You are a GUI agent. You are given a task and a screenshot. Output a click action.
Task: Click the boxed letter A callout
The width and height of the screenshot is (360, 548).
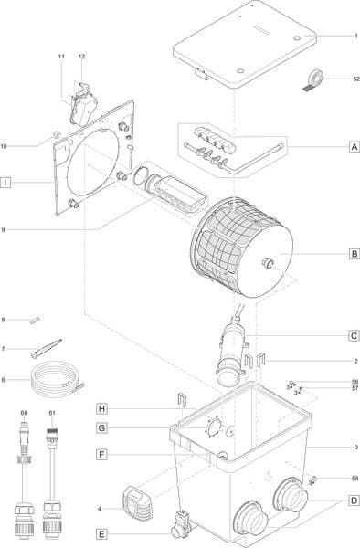(x=353, y=145)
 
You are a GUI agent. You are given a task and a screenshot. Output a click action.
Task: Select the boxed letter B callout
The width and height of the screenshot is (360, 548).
(x=353, y=255)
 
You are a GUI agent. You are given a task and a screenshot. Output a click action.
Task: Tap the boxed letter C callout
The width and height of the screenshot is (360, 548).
(x=353, y=335)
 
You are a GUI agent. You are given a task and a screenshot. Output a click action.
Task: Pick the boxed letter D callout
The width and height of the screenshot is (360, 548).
(x=353, y=501)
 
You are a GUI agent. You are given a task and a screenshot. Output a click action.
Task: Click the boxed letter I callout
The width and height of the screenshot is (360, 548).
(x=6, y=183)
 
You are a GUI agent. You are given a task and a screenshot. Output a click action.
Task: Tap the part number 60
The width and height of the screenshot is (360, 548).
(x=25, y=415)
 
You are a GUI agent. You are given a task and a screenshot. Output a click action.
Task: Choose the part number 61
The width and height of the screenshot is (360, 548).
(x=52, y=415)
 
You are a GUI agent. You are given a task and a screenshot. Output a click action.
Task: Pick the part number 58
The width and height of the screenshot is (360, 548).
(x=355, y=478)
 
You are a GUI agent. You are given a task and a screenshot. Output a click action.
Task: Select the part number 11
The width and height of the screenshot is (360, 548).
(x=62, y=58)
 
